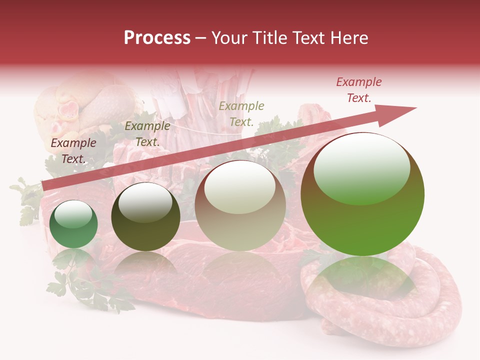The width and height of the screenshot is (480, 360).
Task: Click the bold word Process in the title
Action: click(157, 38)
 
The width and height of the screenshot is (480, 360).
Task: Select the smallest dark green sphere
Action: click(73, 224)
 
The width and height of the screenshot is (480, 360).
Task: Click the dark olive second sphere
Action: click(145, 216)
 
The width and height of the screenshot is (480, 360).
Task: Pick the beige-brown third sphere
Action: click(240, 205)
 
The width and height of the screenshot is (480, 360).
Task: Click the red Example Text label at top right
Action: click(358, 90)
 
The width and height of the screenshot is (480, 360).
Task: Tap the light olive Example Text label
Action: click(241, 113)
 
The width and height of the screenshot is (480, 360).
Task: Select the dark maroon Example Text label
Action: click(73, 151)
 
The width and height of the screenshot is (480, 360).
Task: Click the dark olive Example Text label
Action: click(147, 134)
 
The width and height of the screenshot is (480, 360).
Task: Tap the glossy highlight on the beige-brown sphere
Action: click(239, 187)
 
